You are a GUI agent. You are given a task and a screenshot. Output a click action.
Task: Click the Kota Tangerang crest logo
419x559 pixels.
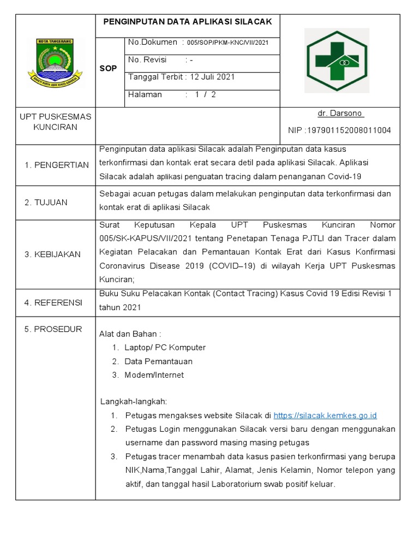tap(55, 61)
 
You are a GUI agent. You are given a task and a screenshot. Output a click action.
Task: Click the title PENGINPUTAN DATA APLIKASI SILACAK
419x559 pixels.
tap(188, 21)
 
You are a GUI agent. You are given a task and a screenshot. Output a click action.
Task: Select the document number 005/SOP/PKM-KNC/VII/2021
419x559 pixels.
tap(227, 43)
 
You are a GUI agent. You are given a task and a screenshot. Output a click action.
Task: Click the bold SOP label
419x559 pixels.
tap(108, 69)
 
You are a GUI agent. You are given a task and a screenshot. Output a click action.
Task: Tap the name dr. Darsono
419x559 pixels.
tap(340, 114)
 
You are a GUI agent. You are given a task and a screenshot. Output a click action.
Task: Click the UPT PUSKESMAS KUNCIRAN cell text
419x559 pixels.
tap(55, 122)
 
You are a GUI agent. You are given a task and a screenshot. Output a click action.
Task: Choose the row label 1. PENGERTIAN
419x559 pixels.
tap(57, 165)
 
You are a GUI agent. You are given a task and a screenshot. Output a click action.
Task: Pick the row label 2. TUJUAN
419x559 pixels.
tap(46, 203)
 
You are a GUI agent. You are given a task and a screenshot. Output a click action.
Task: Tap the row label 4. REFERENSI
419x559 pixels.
tap(53, 302)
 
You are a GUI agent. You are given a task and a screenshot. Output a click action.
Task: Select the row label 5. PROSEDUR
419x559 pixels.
tap(53, 329)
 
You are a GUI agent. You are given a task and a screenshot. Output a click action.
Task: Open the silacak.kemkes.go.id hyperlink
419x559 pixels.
tap(325, 415)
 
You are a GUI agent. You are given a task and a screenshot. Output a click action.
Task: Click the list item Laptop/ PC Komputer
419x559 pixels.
tap(165, 348)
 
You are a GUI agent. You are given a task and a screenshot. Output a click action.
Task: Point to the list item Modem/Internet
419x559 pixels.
tap(154, 375)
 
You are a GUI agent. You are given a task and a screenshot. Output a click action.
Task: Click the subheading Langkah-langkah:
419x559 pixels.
tap(134, 402)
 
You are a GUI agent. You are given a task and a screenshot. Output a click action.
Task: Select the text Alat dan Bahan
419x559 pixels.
tap(130, 334)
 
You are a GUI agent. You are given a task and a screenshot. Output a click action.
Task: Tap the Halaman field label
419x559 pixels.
tap(145, 94)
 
